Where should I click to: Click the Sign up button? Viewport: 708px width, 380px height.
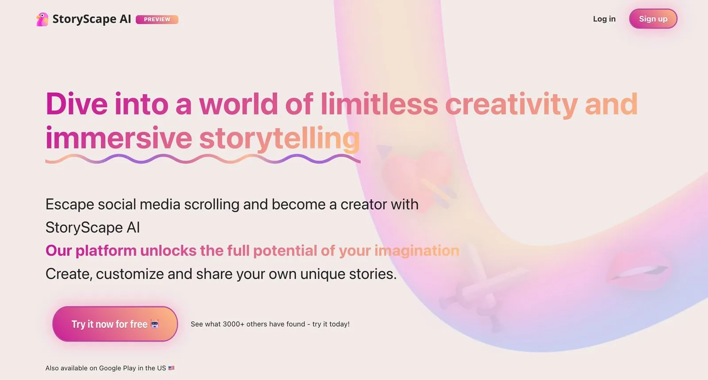tap(653, 19)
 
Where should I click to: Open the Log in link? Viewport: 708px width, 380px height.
tap(604, 19)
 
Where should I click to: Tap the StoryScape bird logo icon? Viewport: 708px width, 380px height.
tap(42, 19)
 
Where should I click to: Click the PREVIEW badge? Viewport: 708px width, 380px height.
tap(157, 19)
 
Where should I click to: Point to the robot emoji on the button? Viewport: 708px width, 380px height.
tap(154, 324)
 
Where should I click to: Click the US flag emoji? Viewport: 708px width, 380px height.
tap(171, 368)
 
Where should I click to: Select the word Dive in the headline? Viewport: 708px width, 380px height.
tap(77, 104)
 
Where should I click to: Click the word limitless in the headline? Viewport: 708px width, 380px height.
tap(379, 104)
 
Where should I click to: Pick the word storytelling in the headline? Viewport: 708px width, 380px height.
tap(279, 138)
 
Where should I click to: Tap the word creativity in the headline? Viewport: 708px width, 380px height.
tap(511, 104)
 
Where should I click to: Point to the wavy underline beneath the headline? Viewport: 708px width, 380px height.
tap(203, 159)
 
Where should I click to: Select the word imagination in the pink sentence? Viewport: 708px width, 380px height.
tap(417, 251)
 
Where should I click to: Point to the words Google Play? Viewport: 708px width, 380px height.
tap(117, 368)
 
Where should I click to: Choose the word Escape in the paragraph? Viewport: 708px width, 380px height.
tap(69, 205)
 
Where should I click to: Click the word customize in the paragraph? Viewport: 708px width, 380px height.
tap(130, 274)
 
